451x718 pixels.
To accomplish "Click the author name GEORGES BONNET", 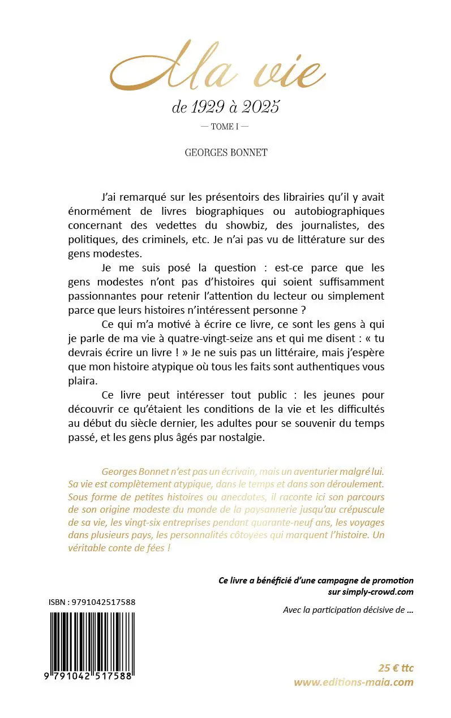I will [x=225, y=153].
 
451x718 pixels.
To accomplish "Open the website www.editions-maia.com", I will [x=353, y=682].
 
